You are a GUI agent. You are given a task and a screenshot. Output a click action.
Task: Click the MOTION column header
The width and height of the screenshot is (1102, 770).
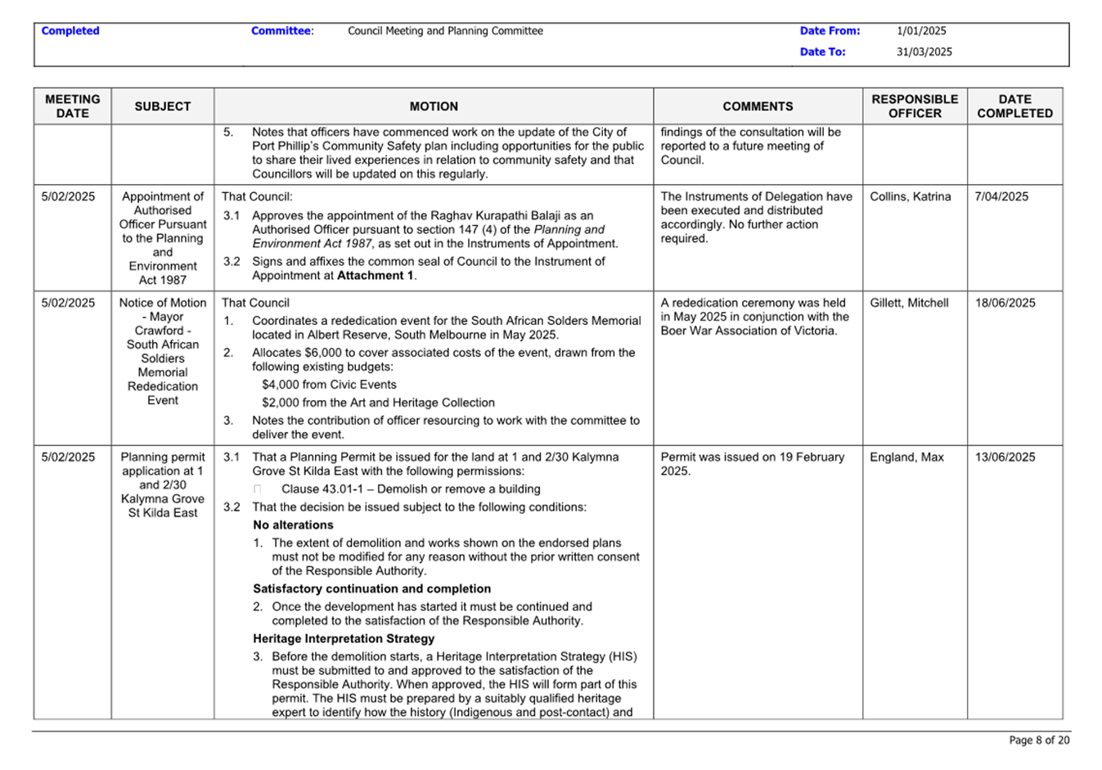[x=434, y=106]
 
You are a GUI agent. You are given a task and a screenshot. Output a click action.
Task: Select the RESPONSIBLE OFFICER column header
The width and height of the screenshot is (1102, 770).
[x=914, y=106]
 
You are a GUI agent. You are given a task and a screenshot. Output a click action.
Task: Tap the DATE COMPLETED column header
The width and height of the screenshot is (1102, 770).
[x=1014, y=106]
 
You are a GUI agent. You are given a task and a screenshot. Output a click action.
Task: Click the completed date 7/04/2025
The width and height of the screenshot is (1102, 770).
[x=1001, y=196]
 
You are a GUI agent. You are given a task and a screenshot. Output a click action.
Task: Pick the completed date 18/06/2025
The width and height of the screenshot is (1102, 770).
[x=1005, y=303]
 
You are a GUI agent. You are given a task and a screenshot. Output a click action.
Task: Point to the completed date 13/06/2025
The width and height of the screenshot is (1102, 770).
[x=1005, y=457]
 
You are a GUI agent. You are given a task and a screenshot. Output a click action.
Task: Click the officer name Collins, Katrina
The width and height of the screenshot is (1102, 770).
[x=910, y=196]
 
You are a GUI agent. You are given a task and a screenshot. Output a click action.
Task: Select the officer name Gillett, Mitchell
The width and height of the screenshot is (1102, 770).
[x=909, y=303]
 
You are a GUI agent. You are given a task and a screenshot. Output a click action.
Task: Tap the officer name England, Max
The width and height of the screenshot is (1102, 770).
[x=906, y=457]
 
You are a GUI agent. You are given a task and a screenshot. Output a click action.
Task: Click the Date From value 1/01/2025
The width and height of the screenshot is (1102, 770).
[x=921, y=31]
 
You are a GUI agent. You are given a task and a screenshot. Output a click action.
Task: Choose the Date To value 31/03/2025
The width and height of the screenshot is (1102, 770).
[x=924, y=52]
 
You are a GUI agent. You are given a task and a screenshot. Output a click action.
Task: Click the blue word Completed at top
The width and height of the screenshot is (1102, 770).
[x=70, y=31]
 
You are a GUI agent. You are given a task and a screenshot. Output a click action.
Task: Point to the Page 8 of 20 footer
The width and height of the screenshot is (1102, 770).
[x=1039, y=740]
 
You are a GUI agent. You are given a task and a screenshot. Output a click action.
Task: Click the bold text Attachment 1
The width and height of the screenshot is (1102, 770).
[x=376, y=276]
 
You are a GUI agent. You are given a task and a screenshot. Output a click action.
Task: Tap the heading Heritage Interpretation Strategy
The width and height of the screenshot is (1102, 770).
[x=344, y=639]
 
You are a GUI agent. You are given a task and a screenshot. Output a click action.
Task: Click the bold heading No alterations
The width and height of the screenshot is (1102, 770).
[x=293, y=525]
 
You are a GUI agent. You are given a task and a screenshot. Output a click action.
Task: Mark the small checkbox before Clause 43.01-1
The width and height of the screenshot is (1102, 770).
[x=258, y=489]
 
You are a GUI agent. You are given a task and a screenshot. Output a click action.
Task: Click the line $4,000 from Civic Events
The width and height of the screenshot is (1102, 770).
[x=329, y=385]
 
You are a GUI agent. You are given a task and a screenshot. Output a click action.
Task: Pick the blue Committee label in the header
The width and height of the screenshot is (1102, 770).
[x=281, y=31]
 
